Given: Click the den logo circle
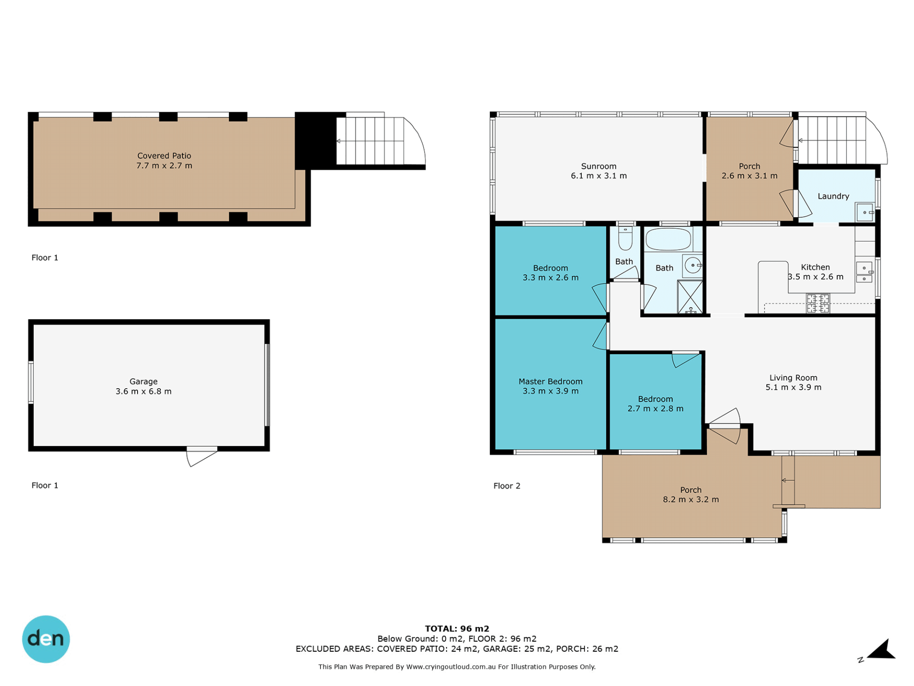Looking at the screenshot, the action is click(x=46, y=639).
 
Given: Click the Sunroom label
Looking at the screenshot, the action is click(x=598, y=166).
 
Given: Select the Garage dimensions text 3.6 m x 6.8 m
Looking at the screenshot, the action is click(x=143, y=391).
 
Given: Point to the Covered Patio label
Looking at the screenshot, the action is click(x=164, y=156).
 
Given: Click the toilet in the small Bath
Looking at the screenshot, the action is click(x=625, y=238).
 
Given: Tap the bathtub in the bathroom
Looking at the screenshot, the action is click(x=668, y=239).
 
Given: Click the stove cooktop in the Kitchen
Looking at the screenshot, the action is click(x=817, y=303).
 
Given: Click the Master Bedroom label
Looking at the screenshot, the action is click(x=550, y=382).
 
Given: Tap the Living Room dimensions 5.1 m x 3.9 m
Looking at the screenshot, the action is click(x=793, y=387).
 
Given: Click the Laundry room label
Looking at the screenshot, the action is click(x=833, y=196).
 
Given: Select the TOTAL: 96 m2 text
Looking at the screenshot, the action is click(x=457, y=628).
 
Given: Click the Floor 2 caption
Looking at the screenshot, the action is click(x=507, y=486).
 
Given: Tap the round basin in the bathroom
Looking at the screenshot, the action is click(x=693, y=265).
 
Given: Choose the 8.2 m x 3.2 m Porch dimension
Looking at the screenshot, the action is click(x=691, y=499).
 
